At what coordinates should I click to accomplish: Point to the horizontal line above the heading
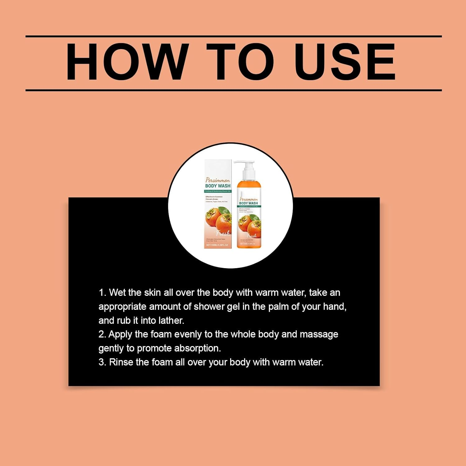[233, 36]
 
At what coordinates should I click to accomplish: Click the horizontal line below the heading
[233, 90]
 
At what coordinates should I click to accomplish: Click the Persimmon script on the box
[218, 180]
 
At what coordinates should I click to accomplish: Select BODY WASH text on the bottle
[249, 203]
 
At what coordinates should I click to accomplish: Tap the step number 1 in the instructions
[102, 293]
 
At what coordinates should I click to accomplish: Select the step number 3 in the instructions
[102, 362]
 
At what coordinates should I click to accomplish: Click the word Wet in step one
[117, 293]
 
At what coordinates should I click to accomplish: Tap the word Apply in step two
[121, 334]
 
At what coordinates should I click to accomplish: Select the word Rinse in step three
[121, 362]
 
